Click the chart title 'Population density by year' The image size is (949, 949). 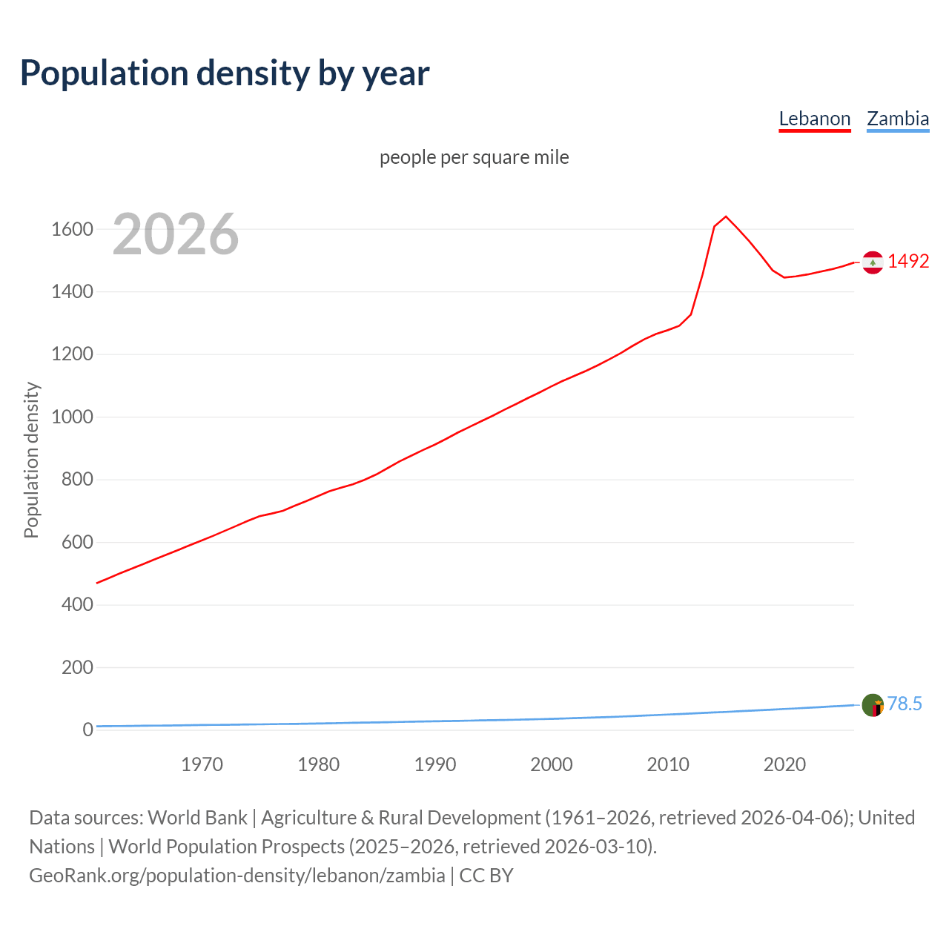pyautogui.click(x=225, y=73)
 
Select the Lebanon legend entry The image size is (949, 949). pyautogui.click(x=814, y=119)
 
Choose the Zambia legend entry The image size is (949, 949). pyautogui.click(x=897, y=119)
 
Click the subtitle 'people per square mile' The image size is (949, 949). pyautogui.click(x=474, y=157)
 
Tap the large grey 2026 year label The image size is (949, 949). pyautogui.click(x=176, y=234)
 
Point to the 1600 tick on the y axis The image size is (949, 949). pyautogui.click(x=72, y=229)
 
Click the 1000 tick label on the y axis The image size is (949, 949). pyautogui.click(x=72, y=417)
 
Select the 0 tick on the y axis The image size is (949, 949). pyautogui.click(x=87, y=730)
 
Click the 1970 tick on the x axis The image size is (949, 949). pyautogui.click(x=202, y=764)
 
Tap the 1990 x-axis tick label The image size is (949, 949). pyautogui.click(x=435, y=764)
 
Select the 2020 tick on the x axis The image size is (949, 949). pyautogui.click(x=784, y=764)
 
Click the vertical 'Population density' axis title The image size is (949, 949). pyautogui.click(x=31, y=460)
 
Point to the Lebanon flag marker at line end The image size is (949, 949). pyautogui.click(x=873, y=262)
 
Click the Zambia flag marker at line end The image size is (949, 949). pyautogui.click(x=873, y=705)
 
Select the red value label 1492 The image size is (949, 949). pyautogui.click(x=907, y=261)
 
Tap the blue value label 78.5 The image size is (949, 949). pyautogui.click(x=905, y=704)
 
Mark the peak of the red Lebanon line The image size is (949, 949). pyautogui.click(x=726, y=216)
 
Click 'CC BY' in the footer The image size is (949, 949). pyautogui.click(x=486, y=876)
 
